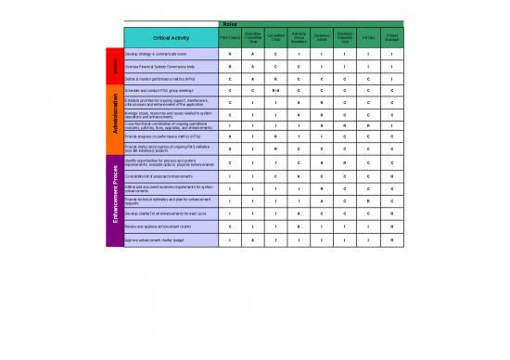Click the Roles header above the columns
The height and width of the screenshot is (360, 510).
coord(229,24)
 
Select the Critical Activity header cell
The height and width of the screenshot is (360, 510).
coord(168,37)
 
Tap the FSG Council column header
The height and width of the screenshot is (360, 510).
coord(229,37)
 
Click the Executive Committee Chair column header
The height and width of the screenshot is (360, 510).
coord(252,37)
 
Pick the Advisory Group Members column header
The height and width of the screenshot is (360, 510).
coord(299,37)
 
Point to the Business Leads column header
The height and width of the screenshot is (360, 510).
coord(322,37)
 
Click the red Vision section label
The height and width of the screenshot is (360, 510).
coord(115,67)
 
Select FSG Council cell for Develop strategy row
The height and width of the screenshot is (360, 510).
coord(229,54)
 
